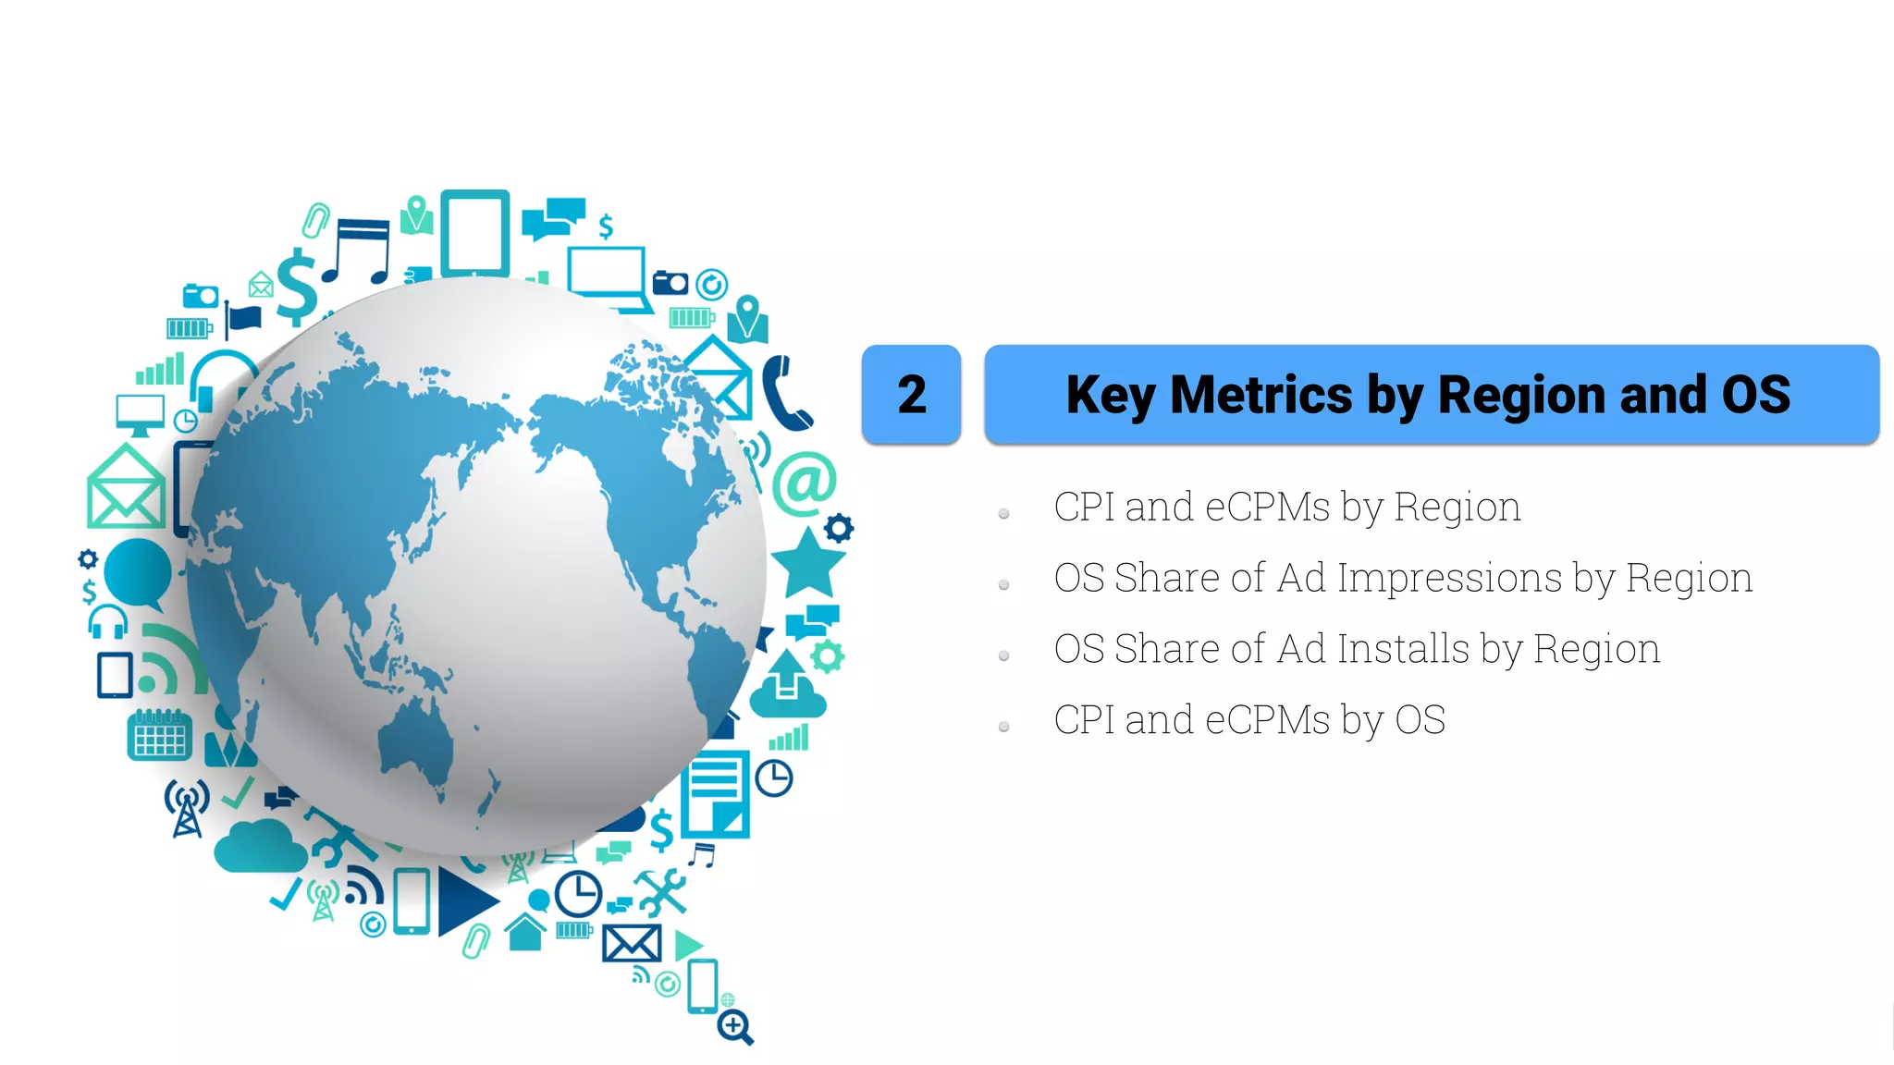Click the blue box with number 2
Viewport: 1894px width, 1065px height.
pos(911,395)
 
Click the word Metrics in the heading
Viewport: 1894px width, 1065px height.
pos(1261,395)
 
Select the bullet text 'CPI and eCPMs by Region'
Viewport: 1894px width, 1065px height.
pos(1286,508)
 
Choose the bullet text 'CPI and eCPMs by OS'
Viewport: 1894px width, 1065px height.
pos(1248,720)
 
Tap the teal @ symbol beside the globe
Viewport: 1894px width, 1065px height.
pos(804,483)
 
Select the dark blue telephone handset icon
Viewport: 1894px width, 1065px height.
pos(784,394)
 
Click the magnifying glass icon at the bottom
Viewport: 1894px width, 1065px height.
pos(736,1026)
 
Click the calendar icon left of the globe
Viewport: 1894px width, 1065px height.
pos(159,735)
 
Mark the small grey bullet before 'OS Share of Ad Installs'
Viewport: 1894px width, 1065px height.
pos(1003,655)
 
